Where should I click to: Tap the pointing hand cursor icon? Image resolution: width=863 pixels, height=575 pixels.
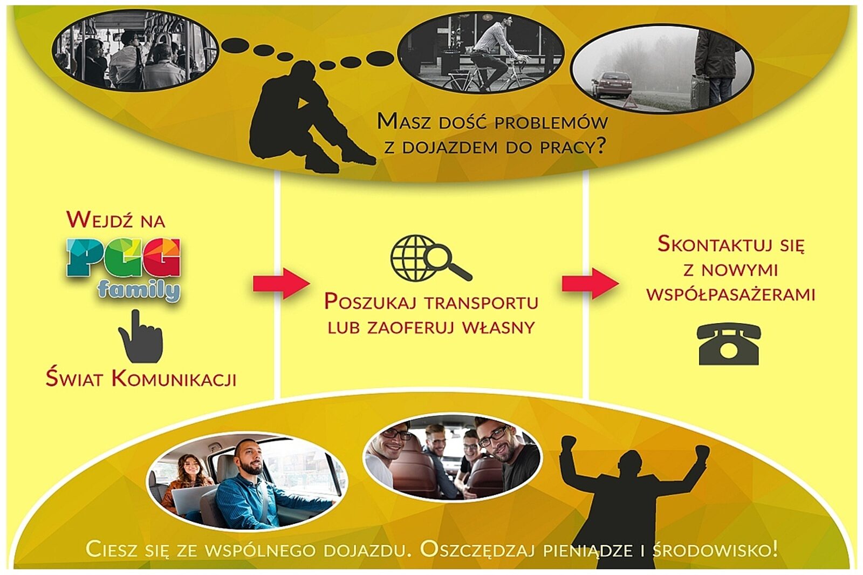[x=140, y=337]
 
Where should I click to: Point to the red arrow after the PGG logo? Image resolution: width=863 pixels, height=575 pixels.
[x=280, y=283]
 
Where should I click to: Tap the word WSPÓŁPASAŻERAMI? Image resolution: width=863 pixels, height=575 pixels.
[x=730, y=295]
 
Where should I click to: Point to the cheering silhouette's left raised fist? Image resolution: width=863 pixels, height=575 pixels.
[x=569, y=445]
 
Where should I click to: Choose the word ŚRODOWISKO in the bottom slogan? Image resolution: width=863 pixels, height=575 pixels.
[x=714, y=550]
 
